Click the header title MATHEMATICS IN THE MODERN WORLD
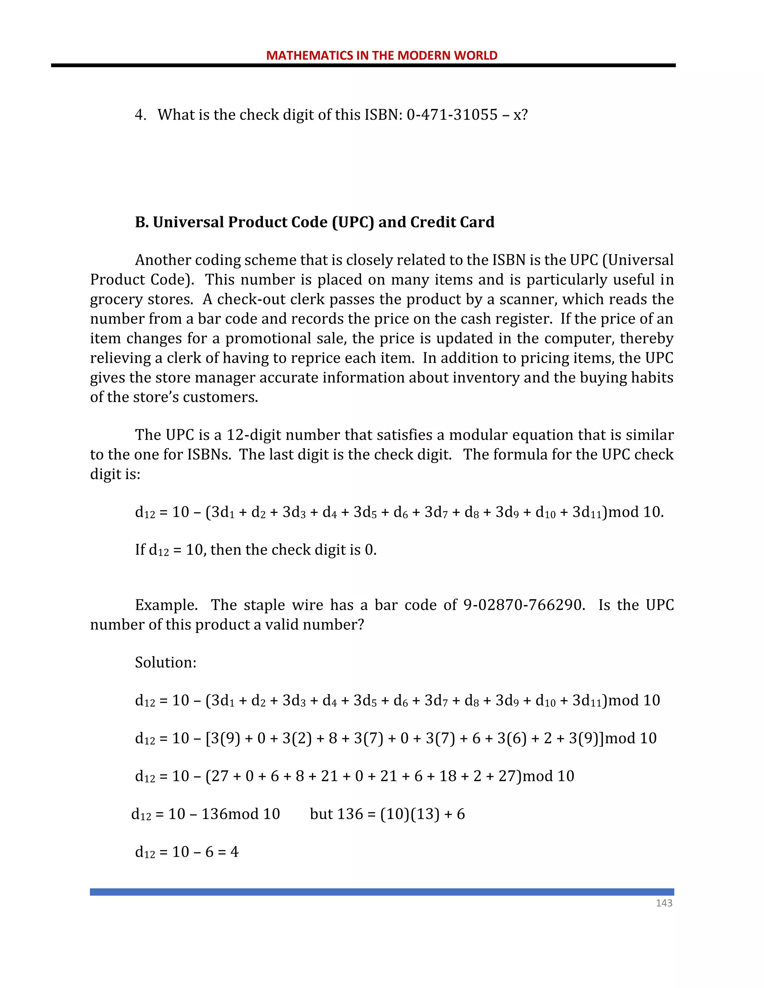coord(382,55)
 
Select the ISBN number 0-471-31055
coord(452,115)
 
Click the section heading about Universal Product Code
coord(314,222)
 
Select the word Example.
coord(166,605)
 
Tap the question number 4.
coord(140,115)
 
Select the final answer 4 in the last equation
coord(234,852)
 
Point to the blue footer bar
coord(382,892)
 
